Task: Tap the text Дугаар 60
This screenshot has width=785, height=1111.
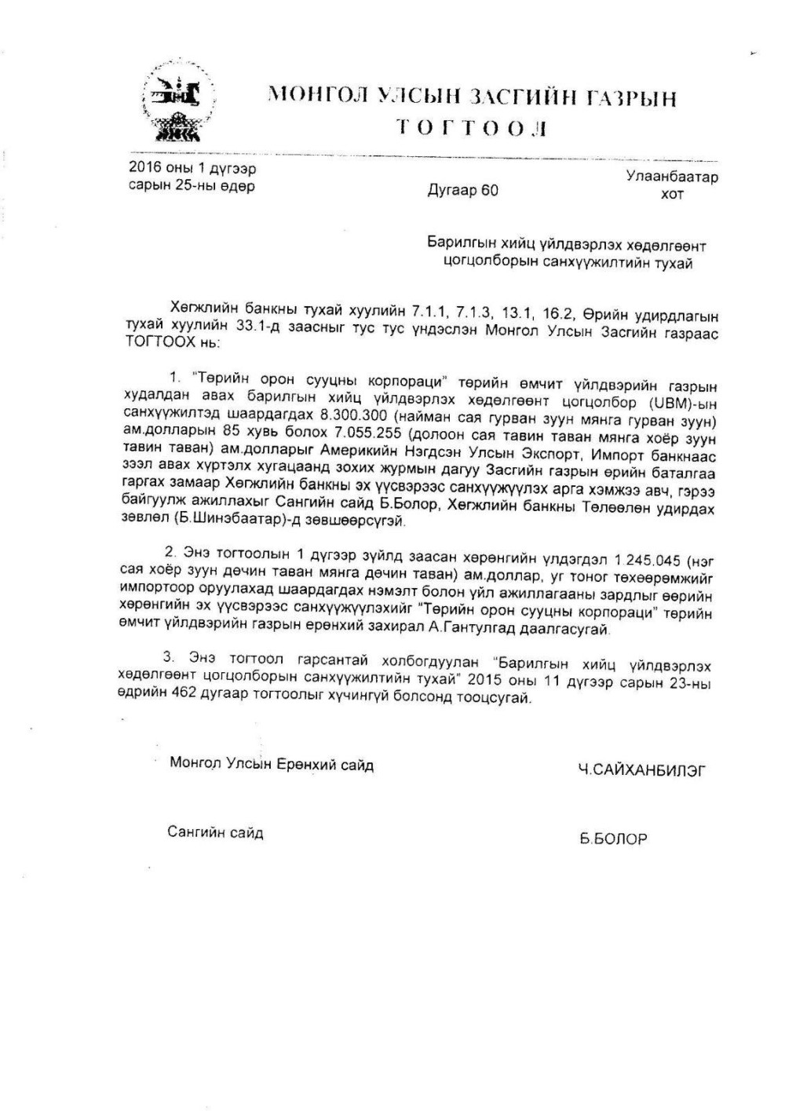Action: tap(462, 191)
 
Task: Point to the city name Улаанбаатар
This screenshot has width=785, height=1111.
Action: tap(672, 177)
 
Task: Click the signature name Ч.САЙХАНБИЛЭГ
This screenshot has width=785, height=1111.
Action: tap(641, 771)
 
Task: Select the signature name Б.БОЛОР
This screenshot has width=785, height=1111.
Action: tap(613, 839)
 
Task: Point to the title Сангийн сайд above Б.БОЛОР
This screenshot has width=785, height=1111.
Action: tap(215, 833)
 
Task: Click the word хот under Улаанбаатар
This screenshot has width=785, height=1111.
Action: tap(672, 193)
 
